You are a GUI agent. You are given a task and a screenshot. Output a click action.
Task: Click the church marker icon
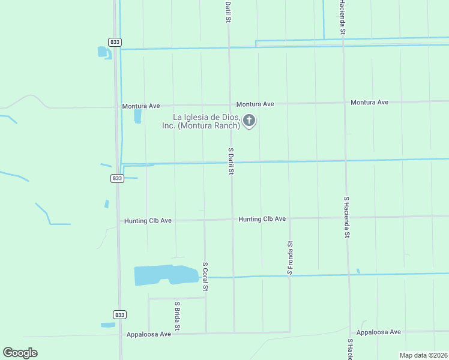[249, 121]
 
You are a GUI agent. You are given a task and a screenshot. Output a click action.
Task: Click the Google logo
[20, 353]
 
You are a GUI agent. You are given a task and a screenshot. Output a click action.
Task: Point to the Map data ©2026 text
[423, 355]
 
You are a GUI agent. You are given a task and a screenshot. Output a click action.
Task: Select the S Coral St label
[205, 277]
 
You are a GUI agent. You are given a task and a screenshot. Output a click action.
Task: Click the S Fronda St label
[289, 257]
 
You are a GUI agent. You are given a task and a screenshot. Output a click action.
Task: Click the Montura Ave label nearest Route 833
[141, 106]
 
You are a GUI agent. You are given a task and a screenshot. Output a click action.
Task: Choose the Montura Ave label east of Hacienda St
[369, 102]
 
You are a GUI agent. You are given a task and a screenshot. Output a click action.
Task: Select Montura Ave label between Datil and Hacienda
[255, 104]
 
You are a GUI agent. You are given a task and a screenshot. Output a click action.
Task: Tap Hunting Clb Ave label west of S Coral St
[148, 221]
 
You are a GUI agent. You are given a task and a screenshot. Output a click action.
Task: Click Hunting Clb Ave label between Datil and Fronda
[262, 219]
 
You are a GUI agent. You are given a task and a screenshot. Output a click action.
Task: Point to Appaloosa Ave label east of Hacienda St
[378, 332]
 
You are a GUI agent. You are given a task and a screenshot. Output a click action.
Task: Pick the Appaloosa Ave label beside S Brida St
[148, 334]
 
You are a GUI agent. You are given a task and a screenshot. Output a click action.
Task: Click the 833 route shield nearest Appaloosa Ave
[118, 314]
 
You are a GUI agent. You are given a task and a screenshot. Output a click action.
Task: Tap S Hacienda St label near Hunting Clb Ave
[346, 216]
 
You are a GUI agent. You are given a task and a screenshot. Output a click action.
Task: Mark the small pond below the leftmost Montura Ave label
[137, 116]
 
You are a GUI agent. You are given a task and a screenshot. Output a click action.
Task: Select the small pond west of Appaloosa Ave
[108, 325]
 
